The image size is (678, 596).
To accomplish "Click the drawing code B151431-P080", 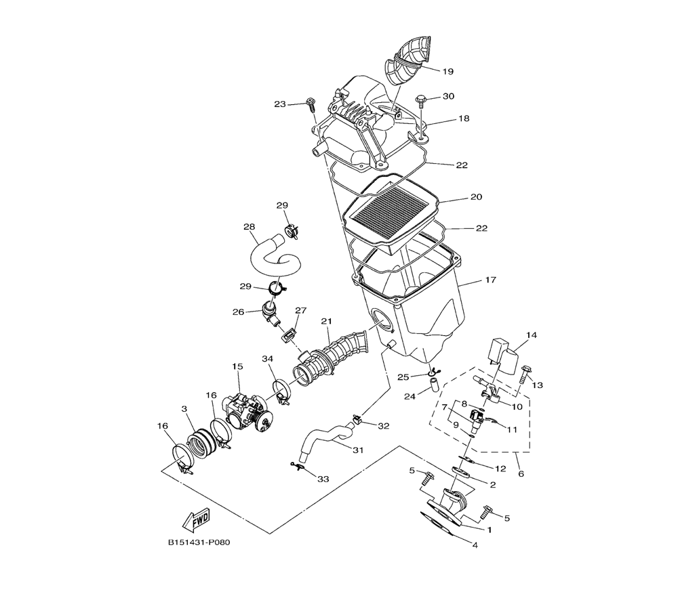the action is pos(199,542).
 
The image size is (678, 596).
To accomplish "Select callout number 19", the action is pos(448,71).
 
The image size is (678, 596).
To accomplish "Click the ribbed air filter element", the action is pos(391,211).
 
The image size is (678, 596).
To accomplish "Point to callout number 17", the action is pos(490,280).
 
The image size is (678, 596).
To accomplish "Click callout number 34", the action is pos(268,359).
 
